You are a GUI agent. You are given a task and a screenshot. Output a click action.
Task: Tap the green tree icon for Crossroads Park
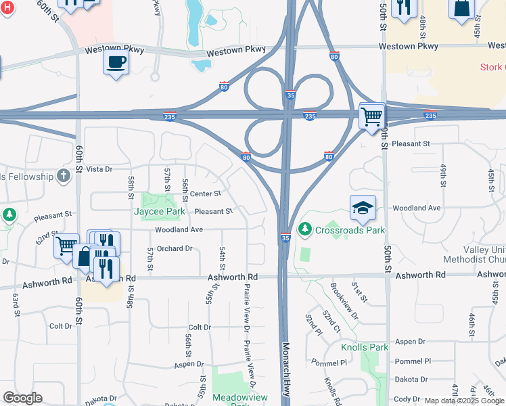pos(305,229)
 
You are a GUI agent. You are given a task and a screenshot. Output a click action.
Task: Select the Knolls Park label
pos(365,347)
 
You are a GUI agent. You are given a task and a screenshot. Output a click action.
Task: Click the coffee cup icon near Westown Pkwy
pos(116,62)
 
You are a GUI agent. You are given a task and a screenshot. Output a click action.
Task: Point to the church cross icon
pos(64,176)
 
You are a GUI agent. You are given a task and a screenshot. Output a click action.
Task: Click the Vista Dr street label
pos(99,168)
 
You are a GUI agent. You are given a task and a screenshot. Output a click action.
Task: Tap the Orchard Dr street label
pos(175,248)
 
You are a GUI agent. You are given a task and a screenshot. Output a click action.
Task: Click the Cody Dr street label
pos(408,399)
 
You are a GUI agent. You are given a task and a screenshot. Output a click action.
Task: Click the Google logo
pos(23,398)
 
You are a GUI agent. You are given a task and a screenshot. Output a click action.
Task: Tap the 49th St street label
pos(444,175)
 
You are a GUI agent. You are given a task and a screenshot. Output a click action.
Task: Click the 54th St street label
pos(222,258)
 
